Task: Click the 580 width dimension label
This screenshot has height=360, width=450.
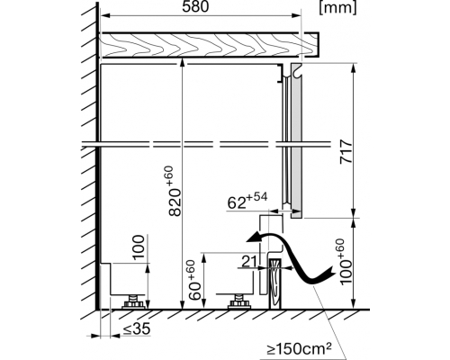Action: click(x=195, y=6)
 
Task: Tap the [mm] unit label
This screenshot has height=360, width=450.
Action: click(x=338, y=7)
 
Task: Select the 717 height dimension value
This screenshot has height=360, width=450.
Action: click(x=346, y=151)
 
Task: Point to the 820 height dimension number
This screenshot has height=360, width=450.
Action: click(x=175, y=202)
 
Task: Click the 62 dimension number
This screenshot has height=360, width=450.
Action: click(x=237, y=203)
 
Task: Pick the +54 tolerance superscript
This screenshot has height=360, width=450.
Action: click(x=256, y=197)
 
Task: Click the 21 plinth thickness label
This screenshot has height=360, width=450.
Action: click(x=249, y=262)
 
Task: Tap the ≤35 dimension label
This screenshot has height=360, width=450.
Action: click(x=137, y=329)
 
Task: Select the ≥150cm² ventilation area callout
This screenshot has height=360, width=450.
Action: click(x=300, y=349)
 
